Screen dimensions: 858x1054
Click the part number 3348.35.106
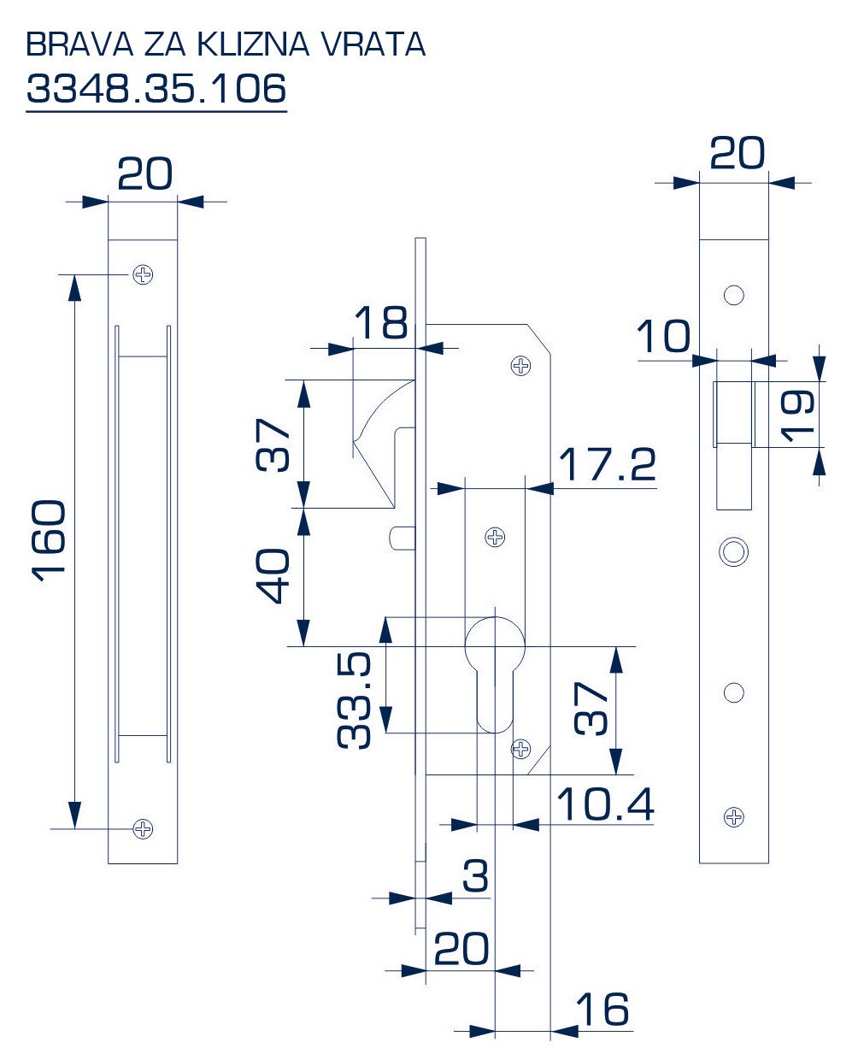[156, 88]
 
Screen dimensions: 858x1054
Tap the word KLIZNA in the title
[253, 44]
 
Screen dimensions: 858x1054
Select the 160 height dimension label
[49, 542]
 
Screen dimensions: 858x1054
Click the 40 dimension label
[272, 575]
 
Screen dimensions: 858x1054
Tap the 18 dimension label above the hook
[381, 321]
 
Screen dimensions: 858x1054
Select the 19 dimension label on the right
[796, 415]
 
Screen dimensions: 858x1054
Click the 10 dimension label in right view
[663, 336]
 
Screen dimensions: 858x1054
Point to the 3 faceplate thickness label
[475, 876]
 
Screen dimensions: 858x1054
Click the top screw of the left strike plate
[144, 274]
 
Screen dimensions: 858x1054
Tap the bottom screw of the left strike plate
[144, 829]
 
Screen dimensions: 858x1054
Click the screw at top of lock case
[520, 366]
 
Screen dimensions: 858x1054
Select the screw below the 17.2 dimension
[495, 537]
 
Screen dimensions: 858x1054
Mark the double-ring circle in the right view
[733, 551]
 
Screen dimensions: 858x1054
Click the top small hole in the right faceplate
[734, 295]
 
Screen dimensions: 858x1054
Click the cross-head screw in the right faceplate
[734, 817]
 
